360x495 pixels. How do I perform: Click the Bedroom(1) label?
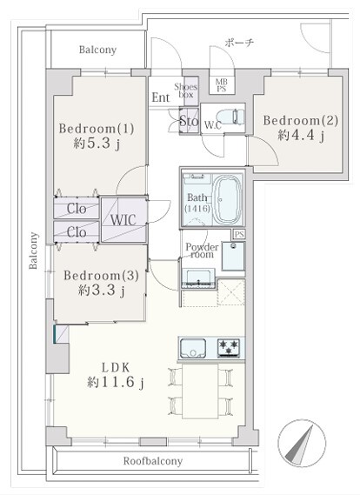(97, 129)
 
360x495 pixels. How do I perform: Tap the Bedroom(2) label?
(301, 121)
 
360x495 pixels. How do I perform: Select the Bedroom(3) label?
(101, 276)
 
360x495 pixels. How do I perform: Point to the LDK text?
(116, 367)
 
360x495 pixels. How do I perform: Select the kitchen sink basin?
(192, 349)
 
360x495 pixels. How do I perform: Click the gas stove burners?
(229, 348)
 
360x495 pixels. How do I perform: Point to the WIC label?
(123, 220)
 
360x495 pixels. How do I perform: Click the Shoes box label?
(186, 90)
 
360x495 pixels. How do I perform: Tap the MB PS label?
(222, 85)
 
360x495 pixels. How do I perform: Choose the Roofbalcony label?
(153, 461)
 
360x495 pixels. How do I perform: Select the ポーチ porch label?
(240, 43)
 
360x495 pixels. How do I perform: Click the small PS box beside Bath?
(239, 234)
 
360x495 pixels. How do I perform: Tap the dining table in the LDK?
(200, 391)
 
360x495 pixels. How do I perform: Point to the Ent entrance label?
(161, 97)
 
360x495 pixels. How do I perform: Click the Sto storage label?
(189, 121)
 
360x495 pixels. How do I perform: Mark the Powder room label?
(202, 251)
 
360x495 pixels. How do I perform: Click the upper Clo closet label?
(77, 209)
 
